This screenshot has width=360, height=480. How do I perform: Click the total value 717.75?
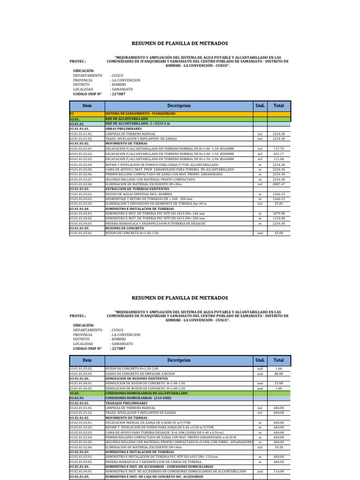(278, 149)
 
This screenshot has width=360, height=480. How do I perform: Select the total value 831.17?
(278, 154)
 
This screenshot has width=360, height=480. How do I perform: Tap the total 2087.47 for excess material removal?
(278, 184)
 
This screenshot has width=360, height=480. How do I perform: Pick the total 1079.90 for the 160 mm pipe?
(278, 214)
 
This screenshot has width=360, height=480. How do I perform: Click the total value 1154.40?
(278, 218)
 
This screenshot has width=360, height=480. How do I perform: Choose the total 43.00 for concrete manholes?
(278, 233)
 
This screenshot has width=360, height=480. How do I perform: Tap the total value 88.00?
(278, 374)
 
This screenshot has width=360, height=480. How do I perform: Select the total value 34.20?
(278, 447)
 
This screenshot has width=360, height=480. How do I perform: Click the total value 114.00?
(278, 471)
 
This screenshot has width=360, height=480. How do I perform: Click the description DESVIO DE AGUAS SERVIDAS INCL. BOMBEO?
(135, 194)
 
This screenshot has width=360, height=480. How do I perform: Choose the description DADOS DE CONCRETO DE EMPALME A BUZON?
(136, 374)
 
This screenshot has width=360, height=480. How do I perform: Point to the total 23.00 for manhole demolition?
(278, 383)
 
